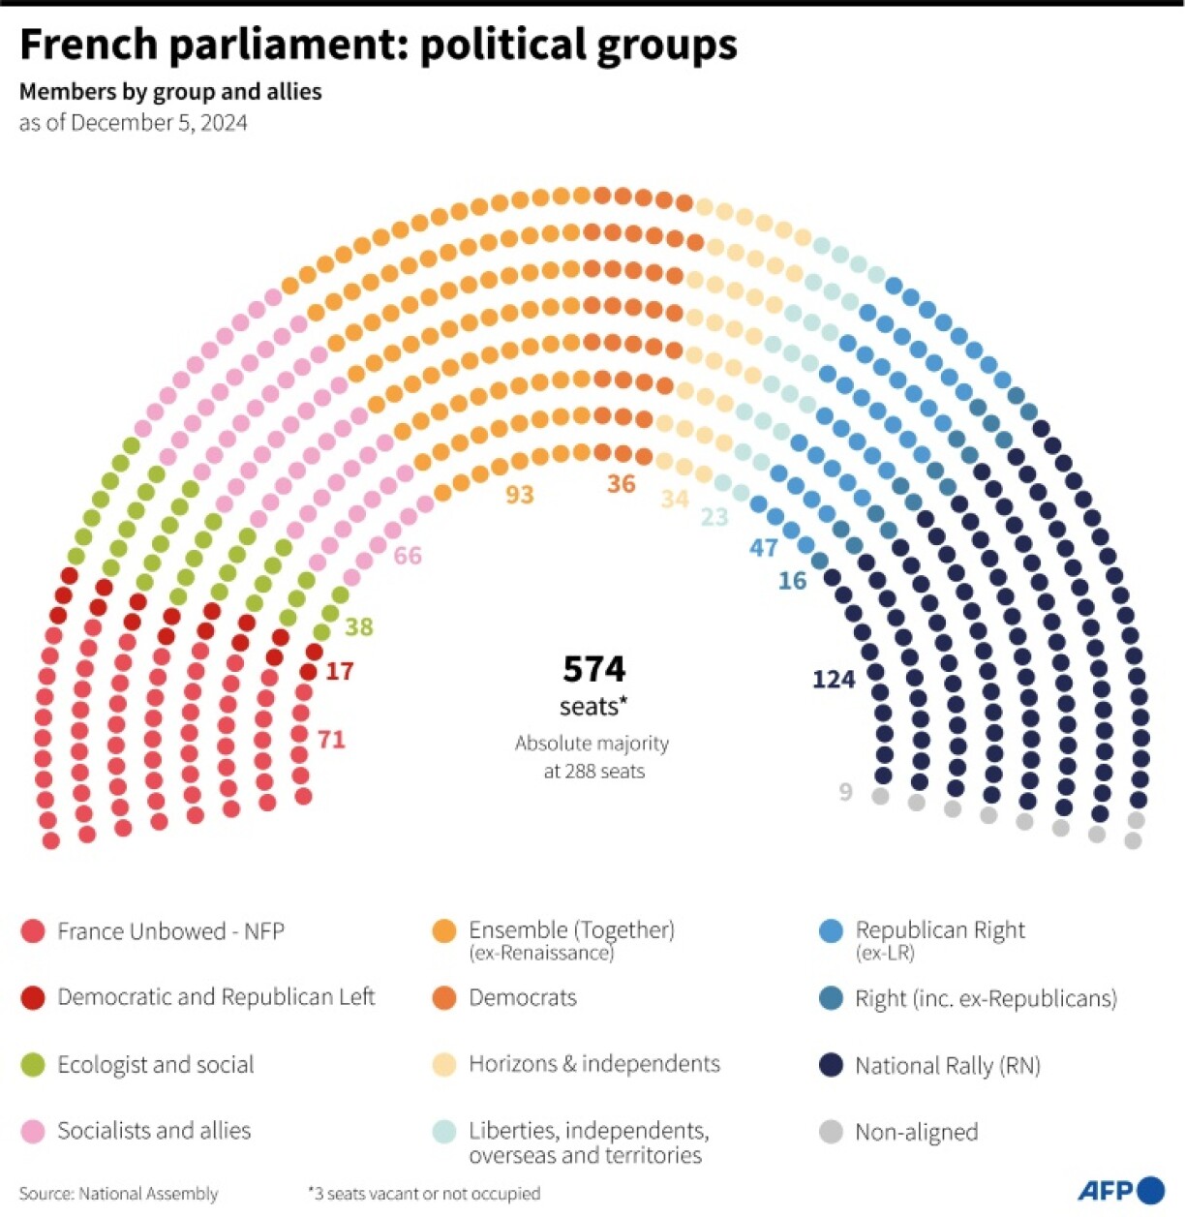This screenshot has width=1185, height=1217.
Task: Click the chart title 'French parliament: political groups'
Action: [x=378, y=45]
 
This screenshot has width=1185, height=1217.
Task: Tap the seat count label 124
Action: [x=834, y=680]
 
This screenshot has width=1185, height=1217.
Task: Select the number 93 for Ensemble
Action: [x=520, y=495]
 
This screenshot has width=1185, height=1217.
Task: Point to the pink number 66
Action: [x=408, y=556]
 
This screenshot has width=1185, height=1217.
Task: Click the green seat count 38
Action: [x=359, y=627]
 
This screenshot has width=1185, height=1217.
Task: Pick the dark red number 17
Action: [x=339, y=671]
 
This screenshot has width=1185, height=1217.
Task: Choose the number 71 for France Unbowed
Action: [x=331, y=740]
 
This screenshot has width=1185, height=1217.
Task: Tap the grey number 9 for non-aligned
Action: [x=846, y=793]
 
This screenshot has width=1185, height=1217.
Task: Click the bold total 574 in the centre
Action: [x=593, y=669]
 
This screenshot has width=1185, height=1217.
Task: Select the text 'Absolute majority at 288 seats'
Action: [x=592, y=757]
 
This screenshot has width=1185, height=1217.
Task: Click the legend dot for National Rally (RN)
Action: [x=831, y=1065]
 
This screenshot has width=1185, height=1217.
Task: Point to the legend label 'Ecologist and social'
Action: [x=156, y=1065]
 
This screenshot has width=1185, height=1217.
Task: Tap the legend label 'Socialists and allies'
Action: [x=154, y=1131]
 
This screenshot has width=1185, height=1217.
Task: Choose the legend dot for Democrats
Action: [x=444, y=998]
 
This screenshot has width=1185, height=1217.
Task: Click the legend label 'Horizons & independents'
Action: [x=594, y=1064]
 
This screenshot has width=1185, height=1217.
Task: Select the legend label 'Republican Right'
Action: [x=939, y=930]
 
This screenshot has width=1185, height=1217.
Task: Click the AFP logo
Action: [x=1121, y=1190]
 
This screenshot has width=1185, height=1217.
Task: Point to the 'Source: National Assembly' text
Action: [x=118, y=1194]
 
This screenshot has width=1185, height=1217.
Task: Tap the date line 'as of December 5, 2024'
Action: [x=134, y=123]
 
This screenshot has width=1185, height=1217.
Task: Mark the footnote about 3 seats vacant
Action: [x=424, y=1194]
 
